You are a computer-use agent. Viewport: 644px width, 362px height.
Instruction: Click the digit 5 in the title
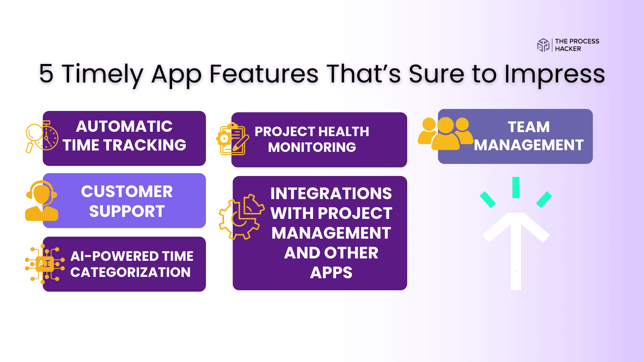point(46,73)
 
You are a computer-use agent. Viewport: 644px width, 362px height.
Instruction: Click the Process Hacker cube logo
point(543,45)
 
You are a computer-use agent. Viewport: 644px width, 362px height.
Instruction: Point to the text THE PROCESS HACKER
point(577,45)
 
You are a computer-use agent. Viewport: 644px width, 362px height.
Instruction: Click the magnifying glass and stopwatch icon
point(42,137)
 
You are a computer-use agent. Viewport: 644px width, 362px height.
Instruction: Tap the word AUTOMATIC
point(124,126)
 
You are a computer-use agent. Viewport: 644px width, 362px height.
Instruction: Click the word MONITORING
point(312,147)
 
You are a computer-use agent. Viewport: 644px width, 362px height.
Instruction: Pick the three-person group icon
point(445,133)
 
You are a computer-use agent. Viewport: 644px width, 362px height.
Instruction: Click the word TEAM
point(529,127)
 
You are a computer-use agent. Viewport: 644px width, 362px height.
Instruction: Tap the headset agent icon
point(42,200)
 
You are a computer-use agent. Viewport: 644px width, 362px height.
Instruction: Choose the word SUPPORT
point(127,211)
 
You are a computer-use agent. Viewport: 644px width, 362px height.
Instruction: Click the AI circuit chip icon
point(45,264)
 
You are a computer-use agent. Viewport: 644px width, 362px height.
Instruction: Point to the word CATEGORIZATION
point(130,272)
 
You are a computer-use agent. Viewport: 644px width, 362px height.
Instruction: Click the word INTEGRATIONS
point(331,193)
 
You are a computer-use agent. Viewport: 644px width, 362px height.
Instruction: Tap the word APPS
point(331,273)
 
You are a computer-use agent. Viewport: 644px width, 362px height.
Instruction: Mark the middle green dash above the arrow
point(516,188)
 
